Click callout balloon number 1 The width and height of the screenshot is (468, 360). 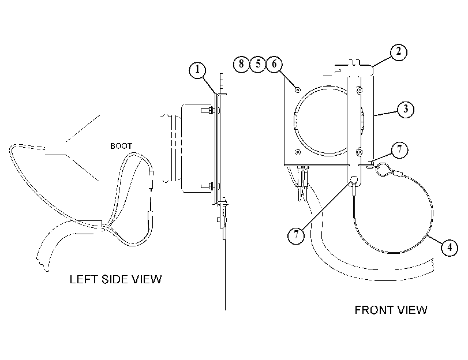click(x=197, y=70)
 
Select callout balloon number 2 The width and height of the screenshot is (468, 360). click(x=399, y=52)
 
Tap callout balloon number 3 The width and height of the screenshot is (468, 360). click(x=405, y=109)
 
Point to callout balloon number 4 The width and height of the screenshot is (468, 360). click(x=450, y=247)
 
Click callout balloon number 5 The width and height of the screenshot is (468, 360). click(x=258, y=64)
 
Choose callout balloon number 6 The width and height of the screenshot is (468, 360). click(x=274, y=64)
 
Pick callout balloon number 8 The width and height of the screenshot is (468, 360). click(x=241, y=64)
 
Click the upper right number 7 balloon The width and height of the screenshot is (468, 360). click(x=399, y=149)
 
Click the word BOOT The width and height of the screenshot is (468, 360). click(x=121, y=146)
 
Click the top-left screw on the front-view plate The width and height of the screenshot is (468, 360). click(x=298, y=89)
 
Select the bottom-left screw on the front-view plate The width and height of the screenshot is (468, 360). click(x=298, y=152)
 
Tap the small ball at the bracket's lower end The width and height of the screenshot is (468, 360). click(x=354, y=179)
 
